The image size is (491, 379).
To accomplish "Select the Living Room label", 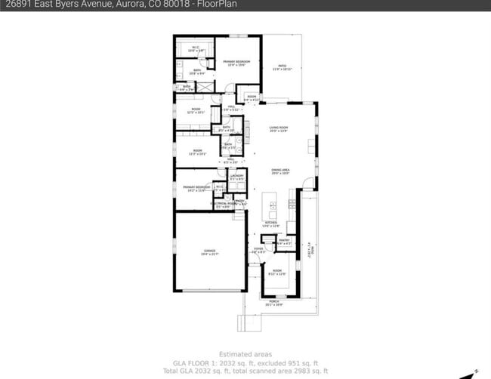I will click(279, 129).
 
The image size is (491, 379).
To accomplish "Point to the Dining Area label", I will click(280, 171).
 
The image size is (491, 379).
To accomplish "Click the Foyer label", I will click(258, 250).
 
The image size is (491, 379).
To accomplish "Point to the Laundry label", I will click(236, 177).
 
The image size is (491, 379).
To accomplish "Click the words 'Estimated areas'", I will click(245, 354).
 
